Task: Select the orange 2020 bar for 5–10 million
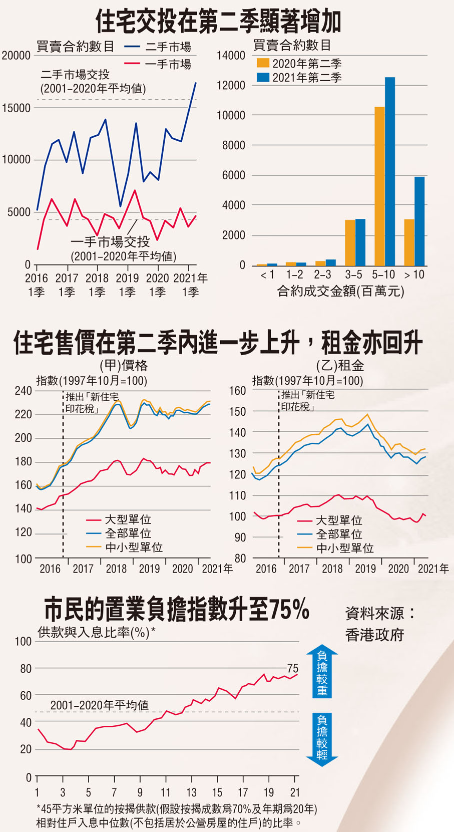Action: click(x=379, y=186)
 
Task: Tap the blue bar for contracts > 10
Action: click(x=419, y=221)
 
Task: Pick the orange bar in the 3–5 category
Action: click(x=350, y=242)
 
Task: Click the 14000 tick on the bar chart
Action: click(x=231, y=56)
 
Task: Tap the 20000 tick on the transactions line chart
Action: click(x=16, y=56)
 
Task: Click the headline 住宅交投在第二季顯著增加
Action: click(x=219, y=22)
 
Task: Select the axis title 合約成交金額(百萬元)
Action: click(x=340, y=291)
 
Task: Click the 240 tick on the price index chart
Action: click(x=23, y=391)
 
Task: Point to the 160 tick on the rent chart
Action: click(x=237, y=391)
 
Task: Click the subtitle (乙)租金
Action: click(x=340, y=365)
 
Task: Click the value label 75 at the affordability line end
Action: click(x=293, y=669)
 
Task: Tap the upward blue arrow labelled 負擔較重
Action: click(x=322, y=672)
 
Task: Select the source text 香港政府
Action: click(x=374, y=635)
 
